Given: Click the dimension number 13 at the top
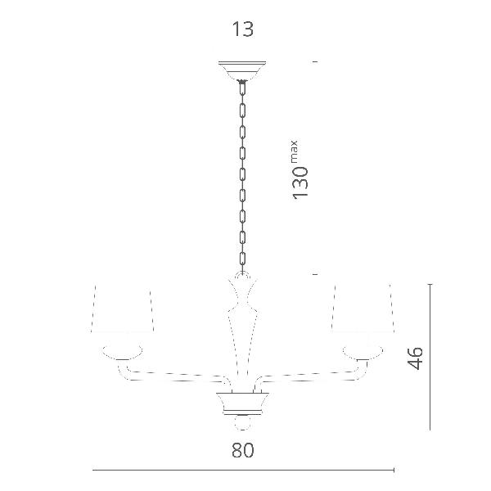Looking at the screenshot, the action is click(x=242, y=29).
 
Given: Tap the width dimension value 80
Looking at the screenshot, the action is click(x=243, y=450).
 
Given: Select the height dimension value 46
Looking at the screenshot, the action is click(x=415, y=358).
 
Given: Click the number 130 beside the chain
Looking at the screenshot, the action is click(x=300, y=182).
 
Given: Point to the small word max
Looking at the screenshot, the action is click(x=295, y=152).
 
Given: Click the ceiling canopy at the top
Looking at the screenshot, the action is click(x=242, y=70).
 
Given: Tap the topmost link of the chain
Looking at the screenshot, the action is click(x=242, y=88).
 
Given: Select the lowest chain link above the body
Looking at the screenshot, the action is click(x=242, y=259).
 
